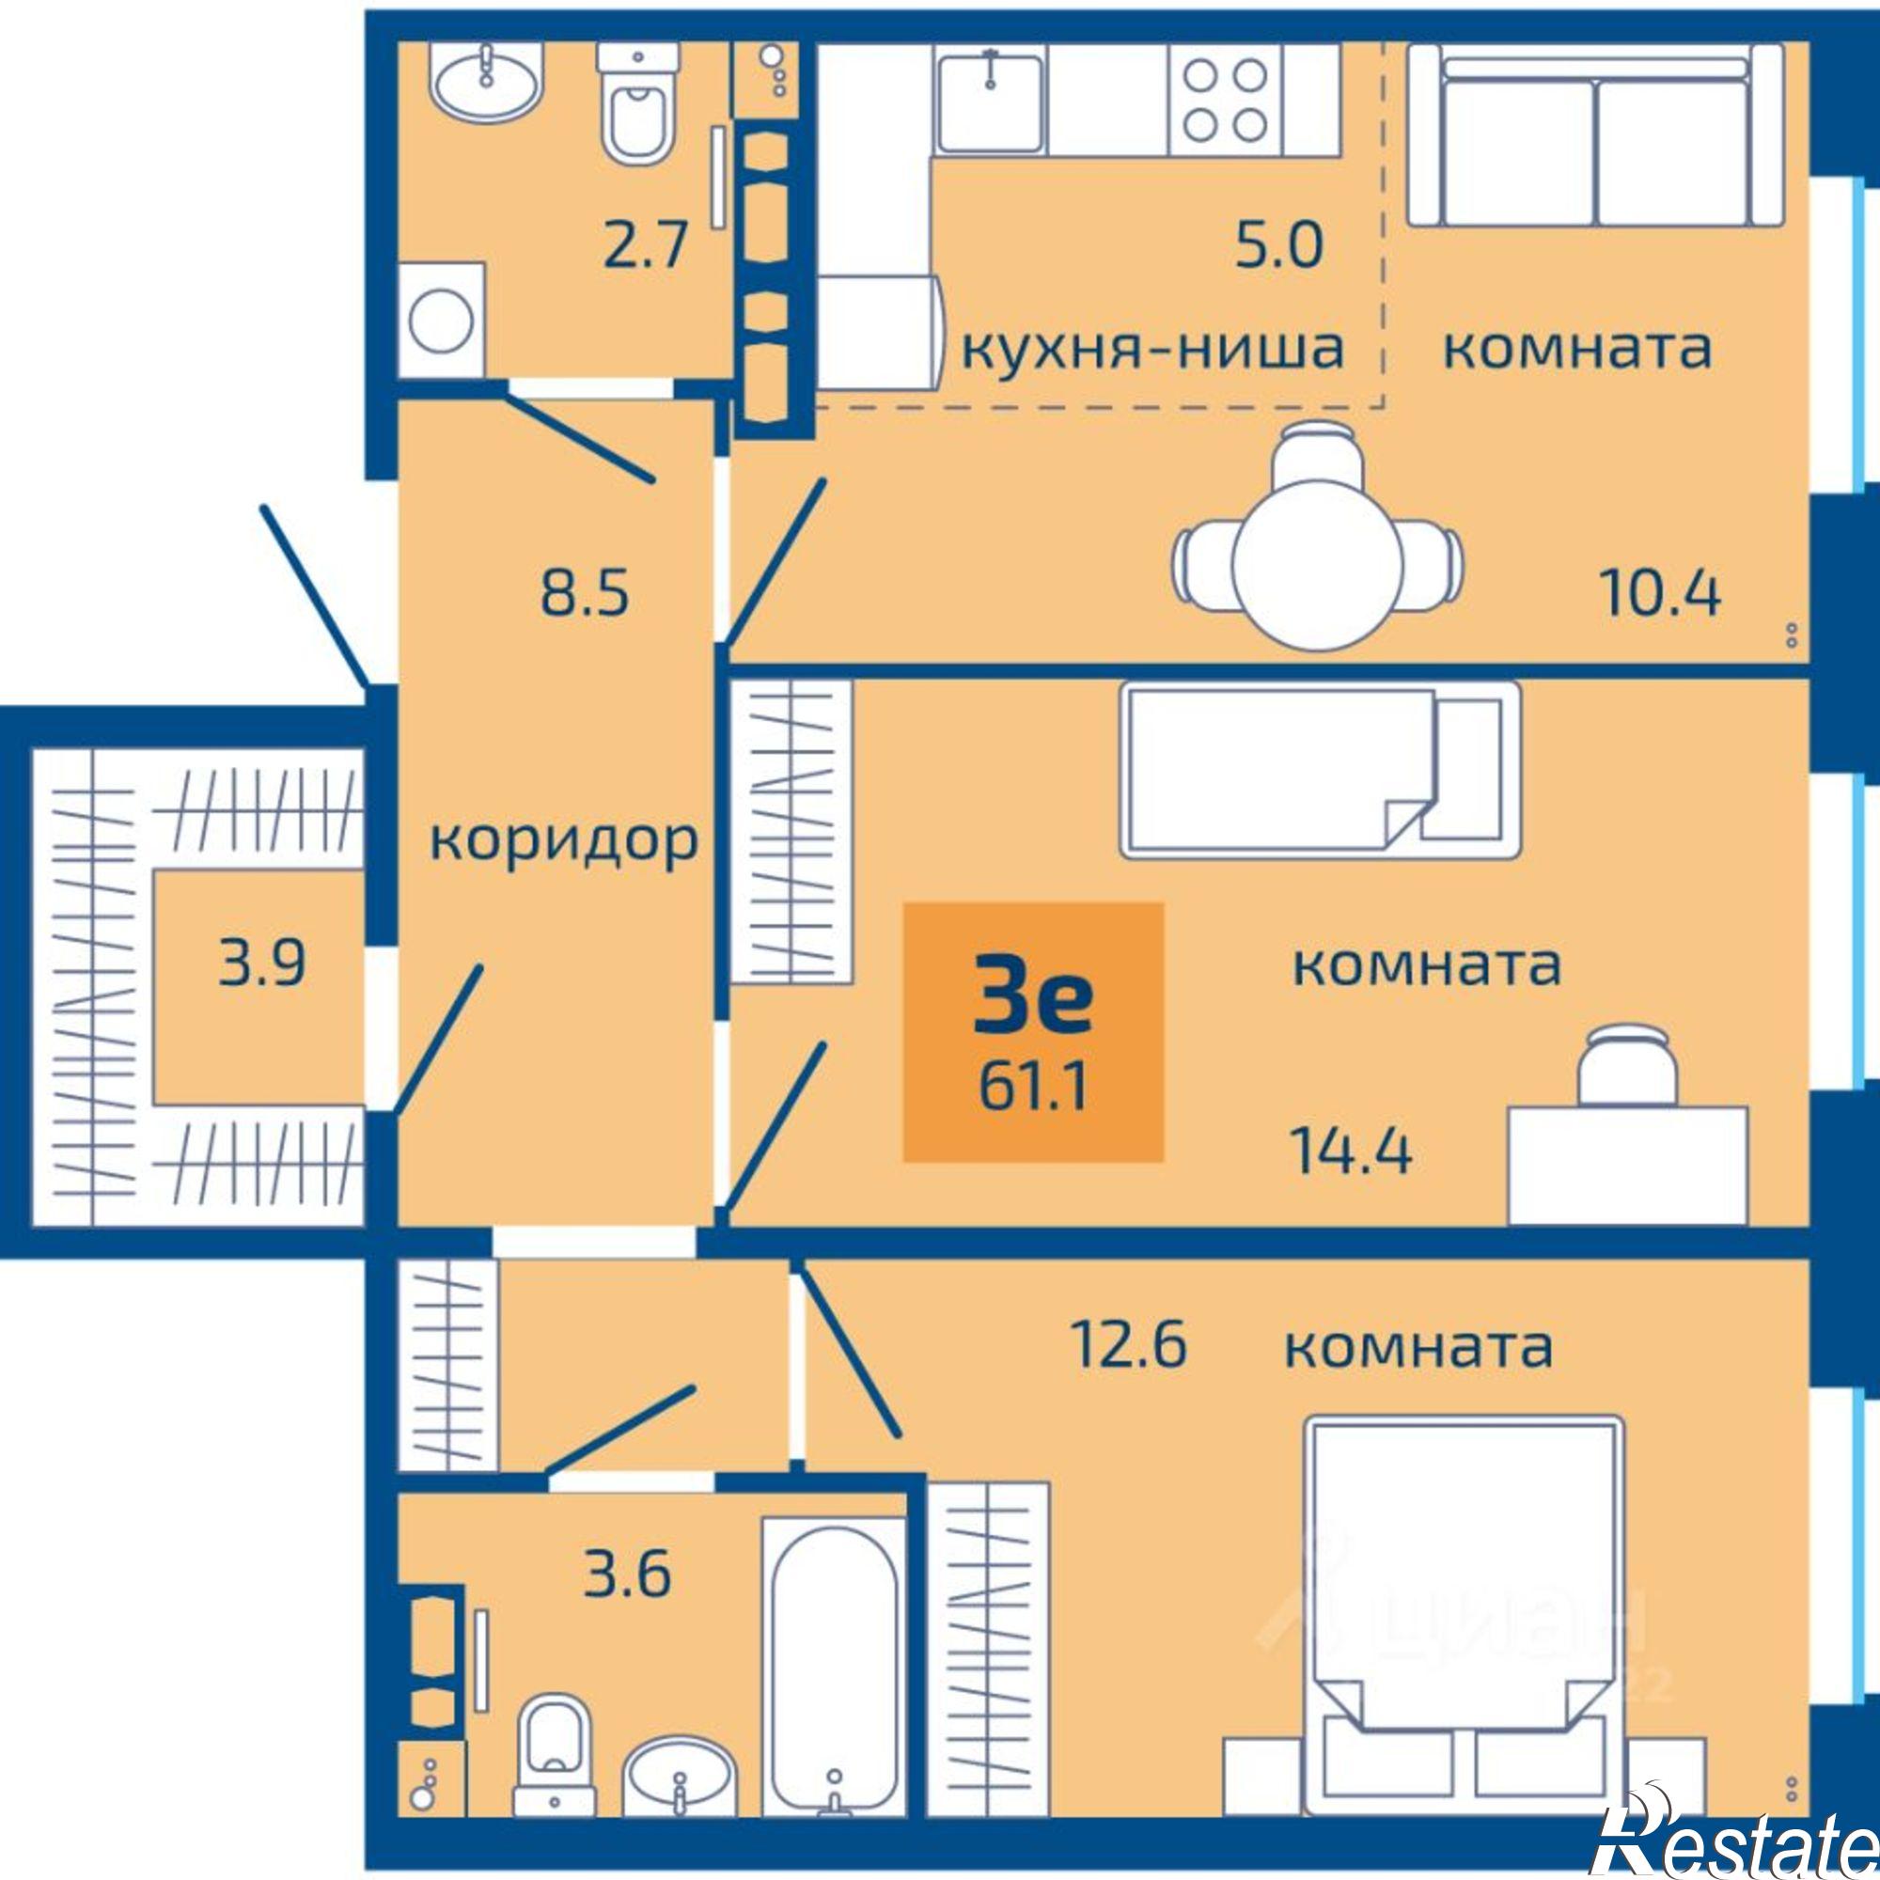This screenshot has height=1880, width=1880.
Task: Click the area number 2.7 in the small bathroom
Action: click(x=645, y=245)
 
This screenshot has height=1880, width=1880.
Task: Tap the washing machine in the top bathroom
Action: click(x=441, y=320)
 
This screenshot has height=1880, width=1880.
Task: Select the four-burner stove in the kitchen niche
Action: click(x=1226, y=100)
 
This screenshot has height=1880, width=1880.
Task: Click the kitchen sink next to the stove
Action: click(x=991, y=101)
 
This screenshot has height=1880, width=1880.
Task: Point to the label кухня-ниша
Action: click(x=1153, y=348)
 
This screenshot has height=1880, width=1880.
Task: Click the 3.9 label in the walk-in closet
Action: click(x=260, y=964)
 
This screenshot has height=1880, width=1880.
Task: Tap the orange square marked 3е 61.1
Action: click(x=1033, y=1031)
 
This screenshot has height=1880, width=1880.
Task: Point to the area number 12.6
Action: click(x=1128, y=1345)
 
